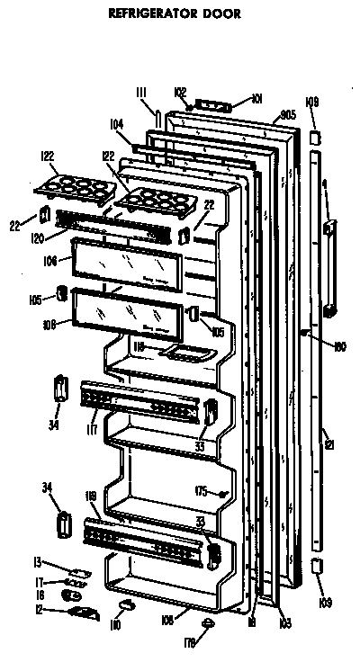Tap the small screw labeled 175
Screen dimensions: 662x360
point(221,493)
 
